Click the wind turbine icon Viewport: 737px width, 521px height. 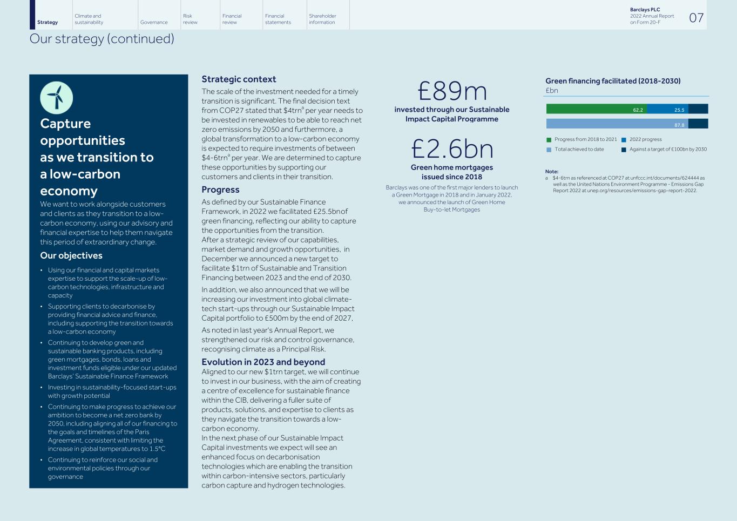coord(56,98)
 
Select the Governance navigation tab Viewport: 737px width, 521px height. coord(154,22)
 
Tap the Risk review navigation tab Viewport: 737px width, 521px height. coord(190,19)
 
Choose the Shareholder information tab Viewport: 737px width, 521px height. coord(322,19)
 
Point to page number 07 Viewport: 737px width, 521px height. coord(697,18)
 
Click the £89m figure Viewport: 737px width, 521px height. coord(452,91)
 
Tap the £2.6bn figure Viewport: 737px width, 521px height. coord(452,149)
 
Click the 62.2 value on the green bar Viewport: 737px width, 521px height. coord(638,110)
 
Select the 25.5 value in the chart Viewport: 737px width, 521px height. coord(679,110)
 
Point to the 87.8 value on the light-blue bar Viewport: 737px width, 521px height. coord(679,125)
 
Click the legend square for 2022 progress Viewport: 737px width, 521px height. coord(624,140)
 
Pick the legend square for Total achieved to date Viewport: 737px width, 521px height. coord(549,150)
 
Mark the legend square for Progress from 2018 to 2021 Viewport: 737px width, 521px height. coord(549,140)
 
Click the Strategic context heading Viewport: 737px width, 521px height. coord(239,79)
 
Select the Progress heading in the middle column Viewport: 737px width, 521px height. coord(220,190)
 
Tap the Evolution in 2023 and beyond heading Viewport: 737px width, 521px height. coord(263,362)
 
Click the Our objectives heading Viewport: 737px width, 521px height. coord(71,256)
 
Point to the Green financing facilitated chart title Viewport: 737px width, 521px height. coord(613,81)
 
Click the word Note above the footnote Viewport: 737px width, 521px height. coord(551,172)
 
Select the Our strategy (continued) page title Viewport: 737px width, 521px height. coord(102,39)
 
